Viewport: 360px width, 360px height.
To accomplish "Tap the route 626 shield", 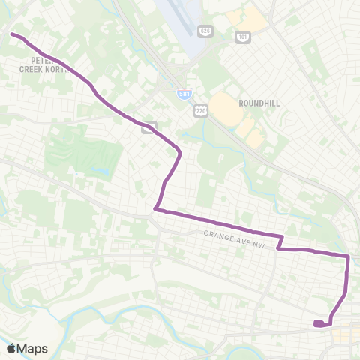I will click(204, 31).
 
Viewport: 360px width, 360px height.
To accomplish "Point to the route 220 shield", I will click(200, 111).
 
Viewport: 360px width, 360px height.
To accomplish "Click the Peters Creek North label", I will click(45, 64).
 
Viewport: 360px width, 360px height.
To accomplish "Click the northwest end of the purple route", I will click(11, 34).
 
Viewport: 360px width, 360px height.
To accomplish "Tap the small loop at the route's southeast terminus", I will click(320, 324).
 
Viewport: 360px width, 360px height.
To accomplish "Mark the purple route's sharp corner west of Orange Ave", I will click(155, 209).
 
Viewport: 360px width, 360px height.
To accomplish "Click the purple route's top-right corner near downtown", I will click(348, 256).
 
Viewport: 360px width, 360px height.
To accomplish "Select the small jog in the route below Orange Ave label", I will click(280, 242).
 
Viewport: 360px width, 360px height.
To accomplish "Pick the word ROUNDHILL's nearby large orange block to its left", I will click(223, 106).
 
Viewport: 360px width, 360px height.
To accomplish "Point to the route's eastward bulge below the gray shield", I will click(179, 154).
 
